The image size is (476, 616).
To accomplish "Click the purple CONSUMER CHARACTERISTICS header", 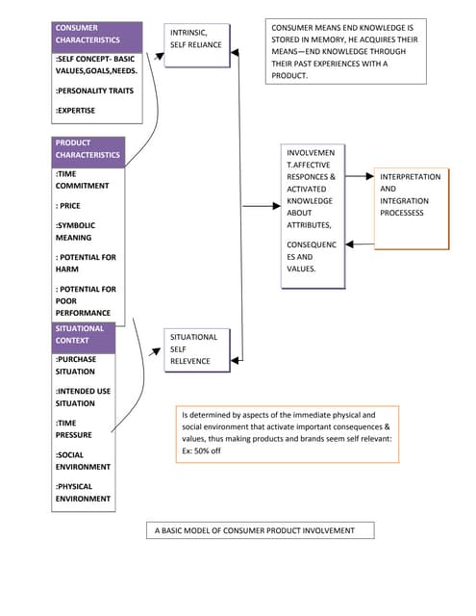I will pos(97,35).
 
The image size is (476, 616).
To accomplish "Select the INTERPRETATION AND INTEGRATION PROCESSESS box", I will pos(410,195).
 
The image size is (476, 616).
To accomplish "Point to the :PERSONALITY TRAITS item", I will pos(93,90).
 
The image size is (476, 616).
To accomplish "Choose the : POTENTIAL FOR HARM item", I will pos(86,264).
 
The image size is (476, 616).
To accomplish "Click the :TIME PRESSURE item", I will pos(74,429).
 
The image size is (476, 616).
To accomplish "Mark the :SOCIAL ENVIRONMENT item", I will pos(83,461).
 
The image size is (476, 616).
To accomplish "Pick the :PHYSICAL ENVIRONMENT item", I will pos(83,493).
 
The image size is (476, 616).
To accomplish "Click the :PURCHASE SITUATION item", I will pos(76,366).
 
